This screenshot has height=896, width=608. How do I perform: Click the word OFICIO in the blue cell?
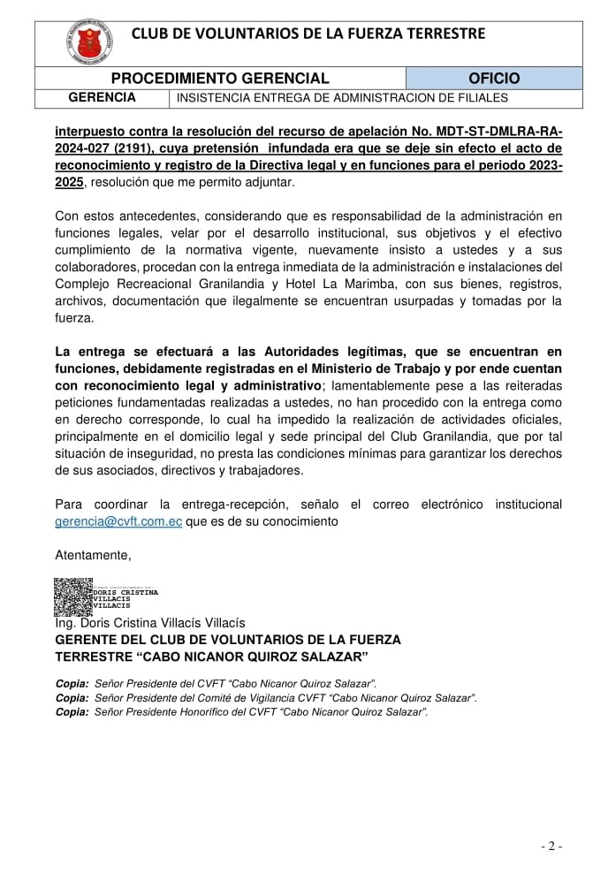point(494,79)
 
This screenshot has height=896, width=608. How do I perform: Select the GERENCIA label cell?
point(102,97)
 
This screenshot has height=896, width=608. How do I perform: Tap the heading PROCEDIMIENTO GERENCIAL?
point(220,79)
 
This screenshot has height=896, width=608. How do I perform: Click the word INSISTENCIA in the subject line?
point(212,98)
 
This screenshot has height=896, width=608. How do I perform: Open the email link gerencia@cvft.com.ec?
point(118,521)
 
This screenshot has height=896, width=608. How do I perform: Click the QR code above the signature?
point(73,596)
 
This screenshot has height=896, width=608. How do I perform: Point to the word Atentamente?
point(93,555)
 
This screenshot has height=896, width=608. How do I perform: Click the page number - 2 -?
point(551,846)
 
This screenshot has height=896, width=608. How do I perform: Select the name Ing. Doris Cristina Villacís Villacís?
point(150,623)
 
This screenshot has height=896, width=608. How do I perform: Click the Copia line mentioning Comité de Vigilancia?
point(266,698)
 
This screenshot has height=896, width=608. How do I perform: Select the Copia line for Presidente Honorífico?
point(241,712)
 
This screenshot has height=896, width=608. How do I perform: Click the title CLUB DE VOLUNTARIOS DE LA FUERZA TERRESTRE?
point(308,34)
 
